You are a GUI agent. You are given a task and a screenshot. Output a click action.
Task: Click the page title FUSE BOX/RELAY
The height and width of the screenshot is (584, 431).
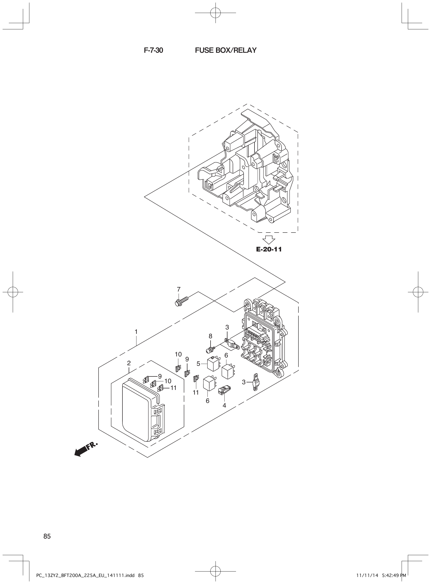tap(226, 50)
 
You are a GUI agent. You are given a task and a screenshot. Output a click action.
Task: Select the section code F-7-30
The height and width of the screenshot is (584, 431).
tap(153, 50)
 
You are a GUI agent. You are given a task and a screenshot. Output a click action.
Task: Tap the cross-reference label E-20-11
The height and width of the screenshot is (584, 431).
tap(269, 249)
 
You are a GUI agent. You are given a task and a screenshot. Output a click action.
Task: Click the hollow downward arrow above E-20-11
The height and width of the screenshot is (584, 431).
tap(269, 240)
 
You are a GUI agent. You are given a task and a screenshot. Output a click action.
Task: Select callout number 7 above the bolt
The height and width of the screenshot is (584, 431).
tap(179, 289)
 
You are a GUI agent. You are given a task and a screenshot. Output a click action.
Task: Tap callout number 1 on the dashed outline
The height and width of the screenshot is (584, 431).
tap(136, 332)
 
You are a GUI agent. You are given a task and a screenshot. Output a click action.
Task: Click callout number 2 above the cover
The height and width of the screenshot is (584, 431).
tap(129, 363)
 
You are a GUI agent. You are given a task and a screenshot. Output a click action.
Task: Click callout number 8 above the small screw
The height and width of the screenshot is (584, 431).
tap(210, 336)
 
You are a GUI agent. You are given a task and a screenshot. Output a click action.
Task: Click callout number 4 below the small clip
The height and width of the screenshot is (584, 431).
tap(224, 406)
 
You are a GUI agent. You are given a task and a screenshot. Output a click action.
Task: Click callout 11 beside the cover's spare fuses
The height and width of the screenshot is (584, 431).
tap(173, 388)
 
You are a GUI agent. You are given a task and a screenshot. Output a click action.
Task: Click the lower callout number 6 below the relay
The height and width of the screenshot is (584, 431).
tap(207, 401)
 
